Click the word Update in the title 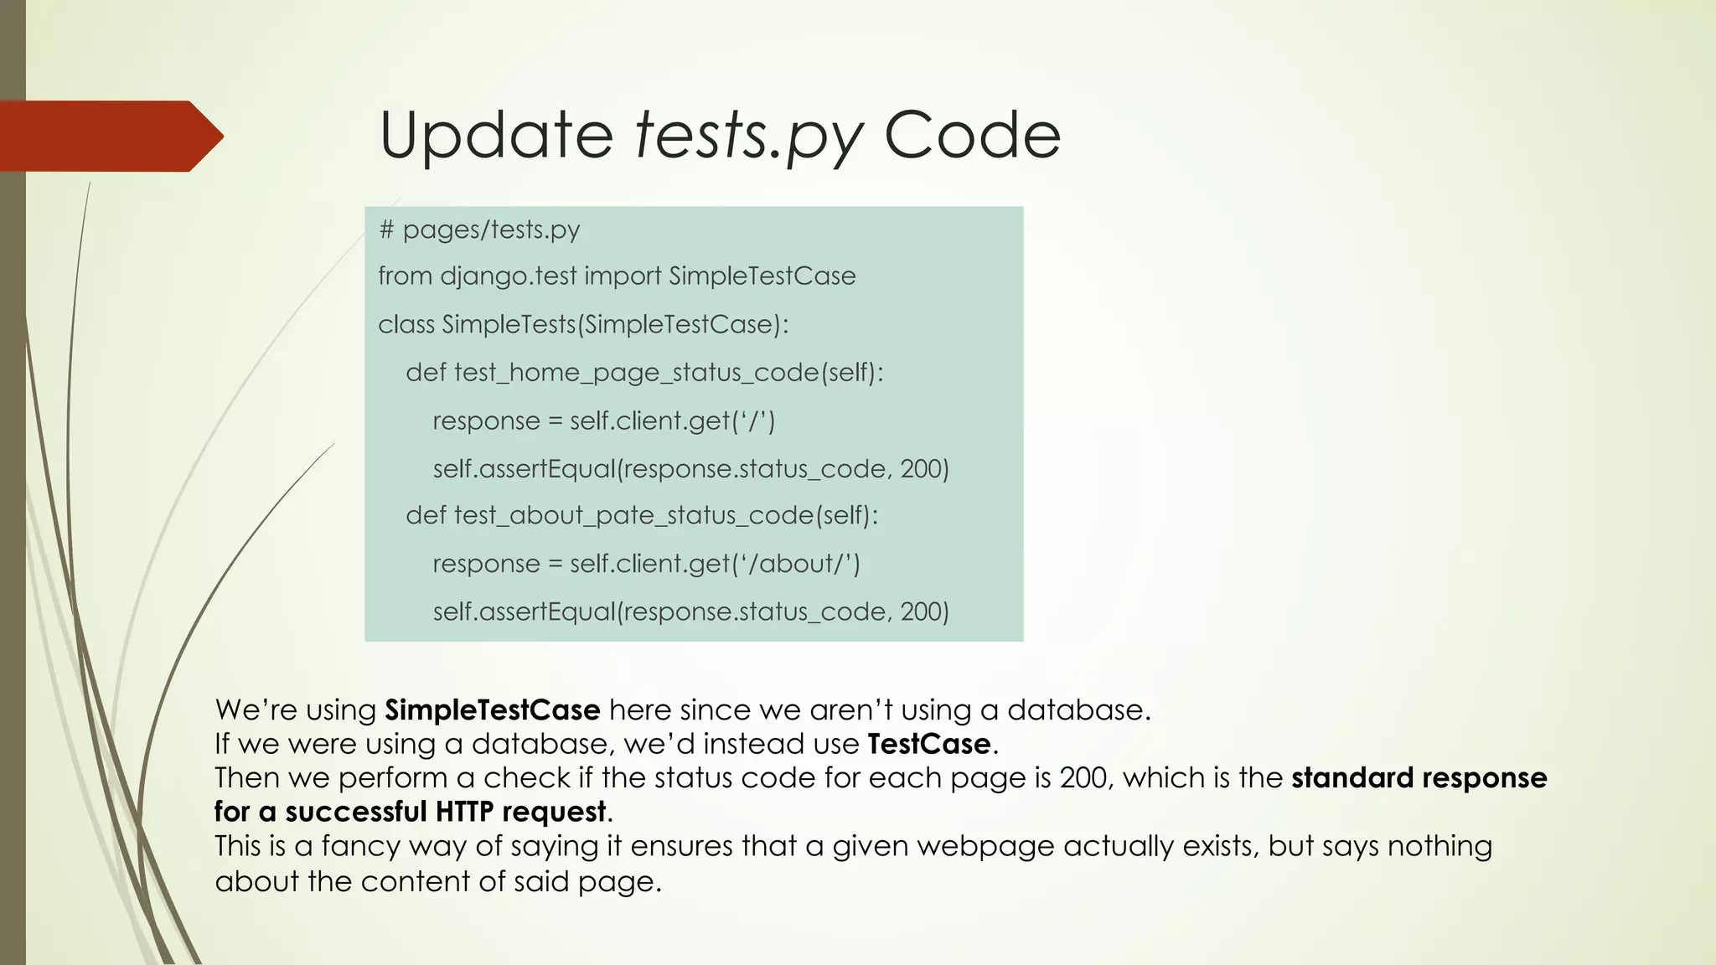coord(496,136)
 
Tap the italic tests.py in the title coord(748,136)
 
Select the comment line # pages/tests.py coord(479,230)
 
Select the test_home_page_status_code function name coord(635,372)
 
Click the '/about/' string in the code coord(796,564)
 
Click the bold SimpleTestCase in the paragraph coord(492,710)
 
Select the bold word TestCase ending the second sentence coord(929,744)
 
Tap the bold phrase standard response coord(1419,778)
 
